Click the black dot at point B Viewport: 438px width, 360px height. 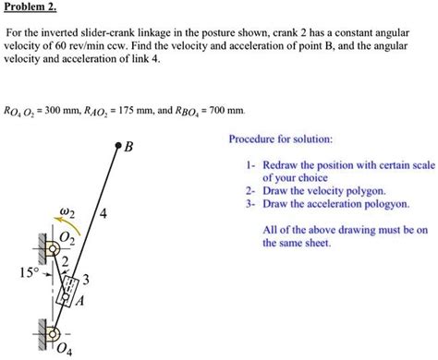pyautogui.click(x=118, y=146)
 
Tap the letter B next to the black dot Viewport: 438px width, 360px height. pyautogui.click(x=129, y=147)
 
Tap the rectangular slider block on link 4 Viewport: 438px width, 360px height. pyautogui.click(x=67, y=289)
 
